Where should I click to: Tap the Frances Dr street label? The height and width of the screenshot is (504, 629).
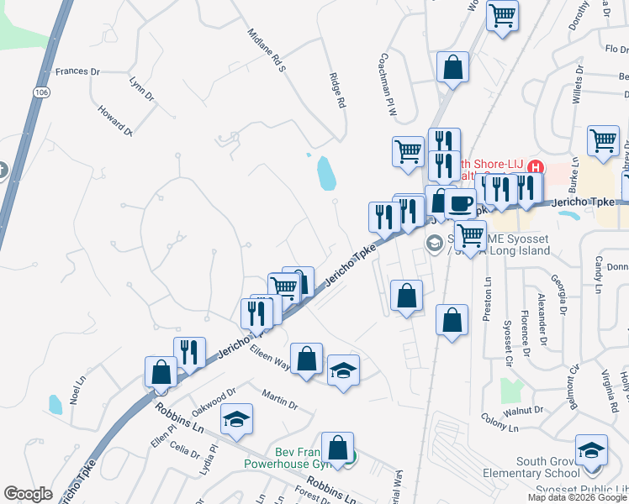(x=77, y=71)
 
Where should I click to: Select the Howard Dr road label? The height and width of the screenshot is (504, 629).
(x=115, y=119)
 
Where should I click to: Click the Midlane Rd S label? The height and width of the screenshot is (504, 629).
(x=267, y=50)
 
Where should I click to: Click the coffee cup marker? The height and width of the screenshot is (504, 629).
(x=459, y=204)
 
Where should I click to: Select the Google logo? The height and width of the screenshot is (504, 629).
(x=29, y=494)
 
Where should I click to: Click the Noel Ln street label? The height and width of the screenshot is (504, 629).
(x=79, y=391)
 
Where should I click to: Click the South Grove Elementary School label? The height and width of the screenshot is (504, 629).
(x=531, y=467)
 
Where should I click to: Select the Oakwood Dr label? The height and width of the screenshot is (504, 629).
(x=214, y=396)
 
